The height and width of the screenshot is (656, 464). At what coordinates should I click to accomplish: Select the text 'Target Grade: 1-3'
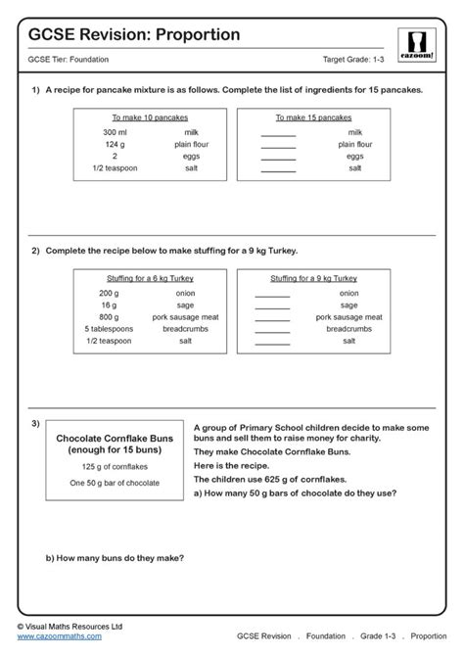point(355,63)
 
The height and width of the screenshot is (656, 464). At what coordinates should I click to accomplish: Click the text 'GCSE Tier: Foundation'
point(70,63)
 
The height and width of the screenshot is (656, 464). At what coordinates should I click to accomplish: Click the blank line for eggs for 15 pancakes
point(279,157)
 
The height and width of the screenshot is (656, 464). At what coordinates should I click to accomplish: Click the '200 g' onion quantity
point(110,292)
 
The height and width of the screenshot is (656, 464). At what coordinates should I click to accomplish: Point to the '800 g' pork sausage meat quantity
point(110,317)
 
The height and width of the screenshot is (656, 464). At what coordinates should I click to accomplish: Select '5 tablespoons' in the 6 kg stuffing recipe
point(110,330)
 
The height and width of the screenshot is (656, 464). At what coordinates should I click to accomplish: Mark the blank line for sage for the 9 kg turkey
point(272,305)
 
